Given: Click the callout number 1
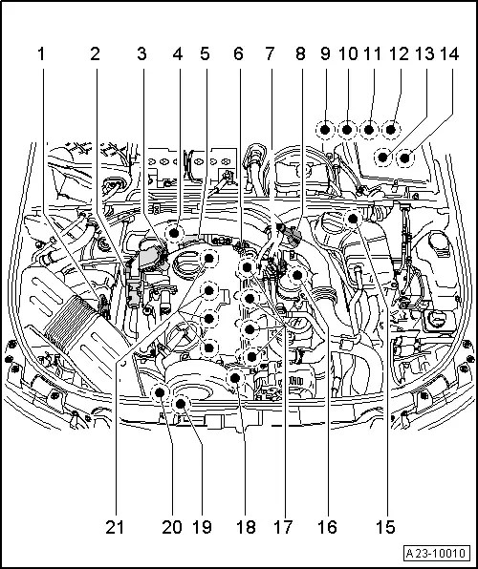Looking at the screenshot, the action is point(41,54).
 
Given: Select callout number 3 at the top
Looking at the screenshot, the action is point(141,54).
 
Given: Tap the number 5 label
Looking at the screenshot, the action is point(205,54).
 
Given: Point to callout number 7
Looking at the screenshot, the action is point(270,54).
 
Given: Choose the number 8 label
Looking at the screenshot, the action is point(300,54).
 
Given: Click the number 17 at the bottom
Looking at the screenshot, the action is point(283,527).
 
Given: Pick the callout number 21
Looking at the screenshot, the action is point(115,527).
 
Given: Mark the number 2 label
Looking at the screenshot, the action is point(96,54).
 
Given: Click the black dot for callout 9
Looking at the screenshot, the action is point(325,130).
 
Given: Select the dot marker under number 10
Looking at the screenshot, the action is point(347,130).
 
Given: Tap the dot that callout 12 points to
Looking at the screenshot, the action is point(390,130).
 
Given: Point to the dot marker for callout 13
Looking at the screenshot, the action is point(382,158).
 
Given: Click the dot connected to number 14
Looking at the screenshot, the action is point(405,158).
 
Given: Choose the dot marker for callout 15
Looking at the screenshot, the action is point(353,219).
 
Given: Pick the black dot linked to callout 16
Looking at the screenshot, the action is point(297,275).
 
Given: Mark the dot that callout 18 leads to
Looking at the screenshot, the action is point(235,378).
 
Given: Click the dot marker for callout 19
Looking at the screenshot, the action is point(181,403).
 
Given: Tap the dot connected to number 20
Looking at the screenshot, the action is point(160,392).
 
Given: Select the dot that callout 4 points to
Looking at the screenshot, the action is point(175,233).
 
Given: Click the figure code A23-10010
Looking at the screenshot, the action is point(436,554).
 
